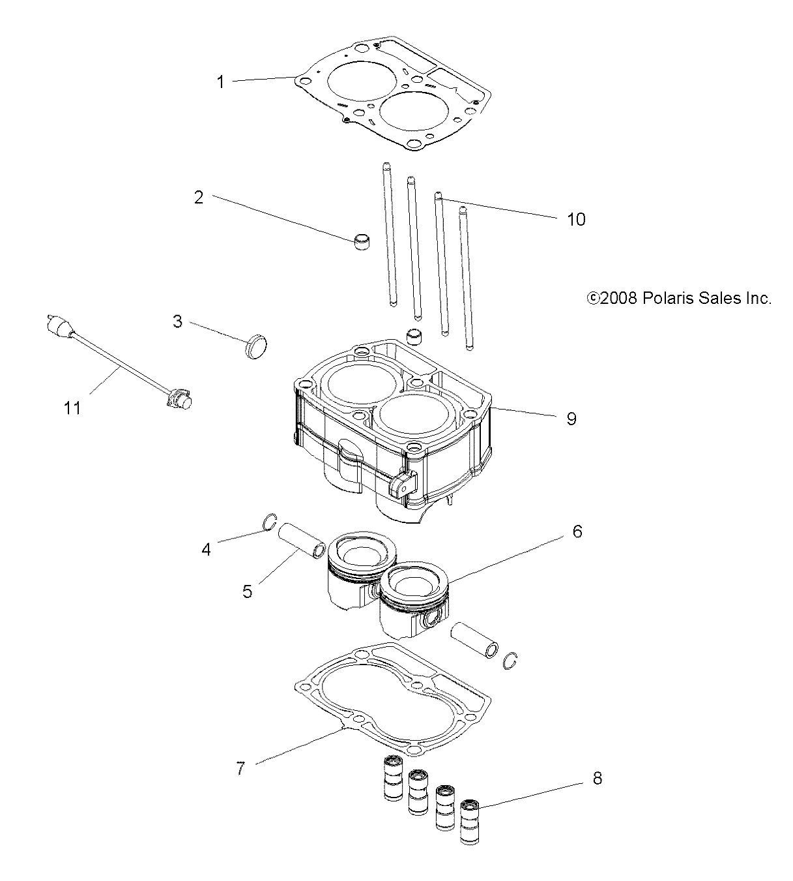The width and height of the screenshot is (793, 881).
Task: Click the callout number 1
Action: [220, 82]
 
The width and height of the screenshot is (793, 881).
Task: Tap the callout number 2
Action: [199, 198]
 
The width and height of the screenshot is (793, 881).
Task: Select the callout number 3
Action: [177, 321]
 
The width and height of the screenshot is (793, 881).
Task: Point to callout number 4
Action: [207, 550]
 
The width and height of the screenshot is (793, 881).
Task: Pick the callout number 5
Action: [247, 591]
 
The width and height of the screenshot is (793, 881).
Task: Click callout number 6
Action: [577, 531]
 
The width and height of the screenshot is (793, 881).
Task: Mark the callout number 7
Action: [240, 769]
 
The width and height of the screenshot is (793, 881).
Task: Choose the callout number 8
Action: [597, 778]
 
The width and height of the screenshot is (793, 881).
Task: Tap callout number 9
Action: [571, 419]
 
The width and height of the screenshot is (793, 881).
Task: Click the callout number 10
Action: [576, 219]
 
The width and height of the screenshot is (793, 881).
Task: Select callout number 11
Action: [73, 408]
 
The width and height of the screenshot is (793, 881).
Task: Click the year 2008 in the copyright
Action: [619, 298]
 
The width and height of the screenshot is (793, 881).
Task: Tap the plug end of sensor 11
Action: [59, 325]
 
